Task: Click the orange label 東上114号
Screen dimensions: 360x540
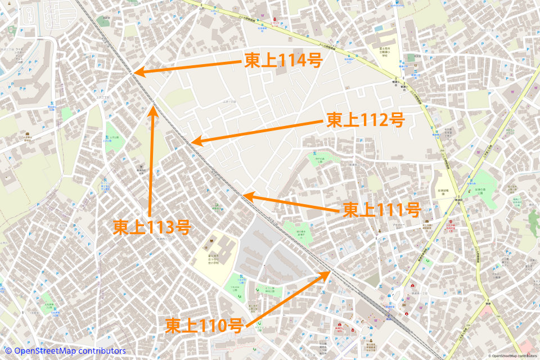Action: pos(283,60)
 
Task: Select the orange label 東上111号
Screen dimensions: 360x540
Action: pos(382,210)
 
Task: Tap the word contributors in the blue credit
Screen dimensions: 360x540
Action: pos(103,351)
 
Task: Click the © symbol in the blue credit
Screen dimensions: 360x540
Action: pos(8,351)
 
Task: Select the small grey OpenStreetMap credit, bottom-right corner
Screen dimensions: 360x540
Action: pos(514,356)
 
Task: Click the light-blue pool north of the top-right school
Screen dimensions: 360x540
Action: pos(378,28)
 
